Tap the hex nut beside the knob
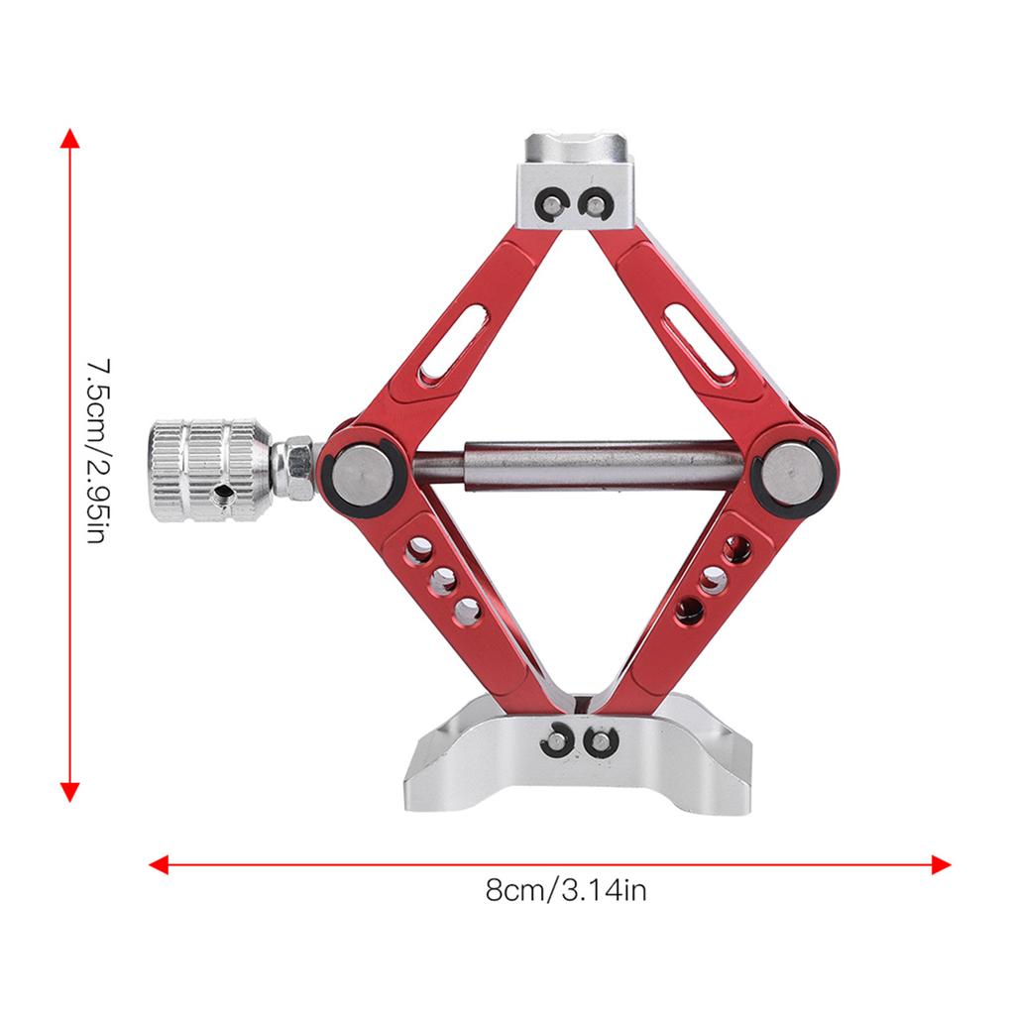tap(292, 469)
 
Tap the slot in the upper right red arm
tap(700, 342)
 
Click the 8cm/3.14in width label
tap(566, 890)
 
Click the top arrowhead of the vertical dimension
tap(69, 138)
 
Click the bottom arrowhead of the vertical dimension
tap(69, 790)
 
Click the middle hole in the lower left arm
tap(442, 580)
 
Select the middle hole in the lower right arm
tap(712, 580)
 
